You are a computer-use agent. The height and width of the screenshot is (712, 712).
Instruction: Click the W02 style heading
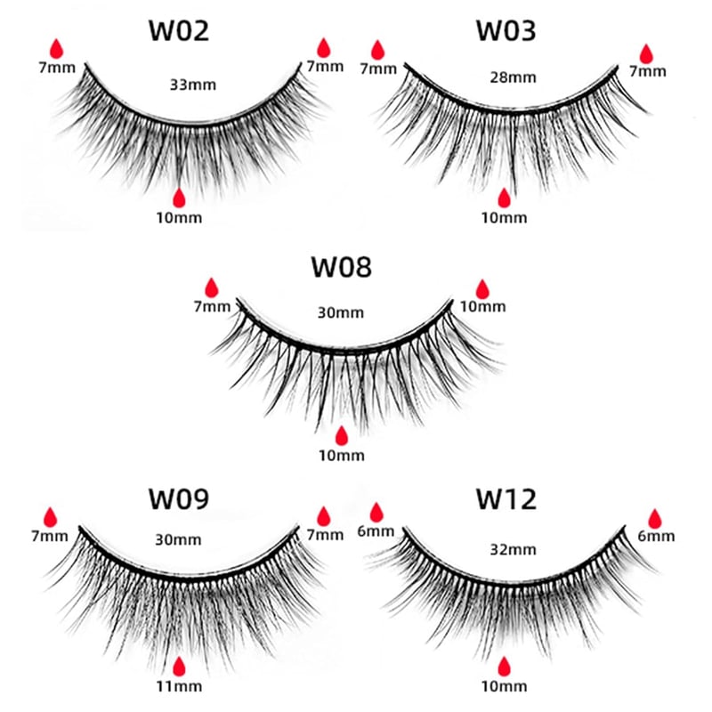tap(179, 31)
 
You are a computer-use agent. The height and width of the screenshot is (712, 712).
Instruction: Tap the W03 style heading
tap(506, 31)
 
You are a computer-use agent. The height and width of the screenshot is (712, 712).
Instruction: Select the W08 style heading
tap(342, 267)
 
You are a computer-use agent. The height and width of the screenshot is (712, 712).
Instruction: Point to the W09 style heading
tap(179, 498)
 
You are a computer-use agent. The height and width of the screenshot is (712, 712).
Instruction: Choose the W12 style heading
tap(506, 498)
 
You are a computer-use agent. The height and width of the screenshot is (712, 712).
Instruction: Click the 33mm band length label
tap(193, 85)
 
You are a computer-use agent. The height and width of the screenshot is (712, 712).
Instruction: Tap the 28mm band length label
tap(514, 77)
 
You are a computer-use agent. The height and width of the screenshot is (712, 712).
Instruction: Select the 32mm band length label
tap(514, 550)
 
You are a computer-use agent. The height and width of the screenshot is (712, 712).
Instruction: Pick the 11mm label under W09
tap(180, 686)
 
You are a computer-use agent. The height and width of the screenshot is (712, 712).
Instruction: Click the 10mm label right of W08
tap(482, 306)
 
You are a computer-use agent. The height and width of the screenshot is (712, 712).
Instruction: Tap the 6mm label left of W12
tap(376, 530)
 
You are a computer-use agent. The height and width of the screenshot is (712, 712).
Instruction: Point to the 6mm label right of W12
tap(656, 537)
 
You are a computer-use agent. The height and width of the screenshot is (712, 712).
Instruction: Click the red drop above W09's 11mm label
tap(180, 667)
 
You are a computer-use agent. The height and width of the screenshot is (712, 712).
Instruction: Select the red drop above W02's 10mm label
tap(180, 198)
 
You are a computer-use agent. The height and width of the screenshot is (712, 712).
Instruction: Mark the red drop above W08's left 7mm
tap(212, 287)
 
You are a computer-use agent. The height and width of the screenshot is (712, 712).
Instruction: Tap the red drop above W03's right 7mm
tap(646, 53)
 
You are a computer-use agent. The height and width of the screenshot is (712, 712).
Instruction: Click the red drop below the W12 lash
tap(504, 667)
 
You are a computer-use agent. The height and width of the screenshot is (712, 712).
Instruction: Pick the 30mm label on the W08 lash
tap(341, 313)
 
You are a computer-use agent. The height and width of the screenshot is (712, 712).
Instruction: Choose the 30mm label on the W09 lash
tap(178, 540)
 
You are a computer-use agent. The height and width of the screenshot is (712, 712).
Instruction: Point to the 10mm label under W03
tap(504, 218)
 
